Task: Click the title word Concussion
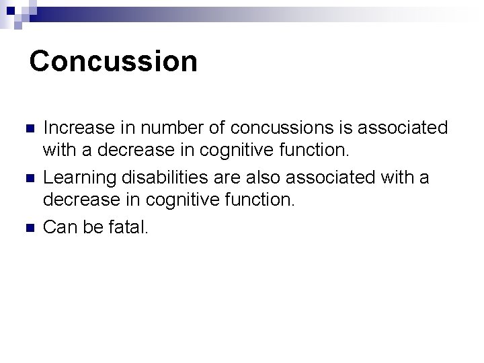click(x=114, y=61)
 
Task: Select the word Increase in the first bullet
click(x=71, y=127)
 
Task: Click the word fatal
click(x=129, y=227)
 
